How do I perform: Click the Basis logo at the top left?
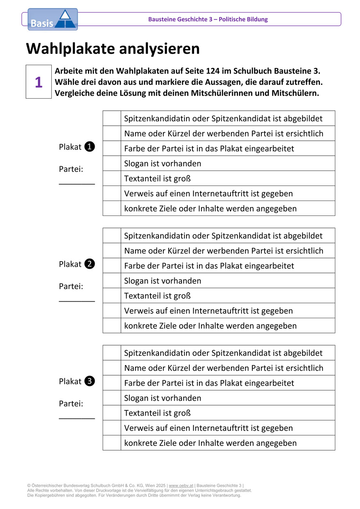(52, 19)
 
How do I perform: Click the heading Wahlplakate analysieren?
(113, 49)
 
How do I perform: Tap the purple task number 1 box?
(39, 82)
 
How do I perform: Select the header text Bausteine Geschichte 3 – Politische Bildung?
(208, 19)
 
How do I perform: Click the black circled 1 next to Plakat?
(90, 147)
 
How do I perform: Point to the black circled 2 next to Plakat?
(90, 264)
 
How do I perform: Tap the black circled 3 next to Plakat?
(90, 382)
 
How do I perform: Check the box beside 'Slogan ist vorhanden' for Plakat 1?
(112, 163)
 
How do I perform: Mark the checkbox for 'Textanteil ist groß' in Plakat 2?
(112, 296)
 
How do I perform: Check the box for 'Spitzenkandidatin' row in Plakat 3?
(112, 353)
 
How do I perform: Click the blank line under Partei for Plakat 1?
(77, 183)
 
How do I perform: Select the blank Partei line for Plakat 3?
(77, 418)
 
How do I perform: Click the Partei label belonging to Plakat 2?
(71, 286)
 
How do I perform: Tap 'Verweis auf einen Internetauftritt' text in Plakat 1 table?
(208, 194)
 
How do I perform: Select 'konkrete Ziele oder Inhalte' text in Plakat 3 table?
(210, 443)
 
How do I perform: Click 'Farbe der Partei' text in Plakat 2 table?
(209, 266)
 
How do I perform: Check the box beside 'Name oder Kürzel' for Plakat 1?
(112, 133)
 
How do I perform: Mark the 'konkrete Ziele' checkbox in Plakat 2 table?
(112, 325)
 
